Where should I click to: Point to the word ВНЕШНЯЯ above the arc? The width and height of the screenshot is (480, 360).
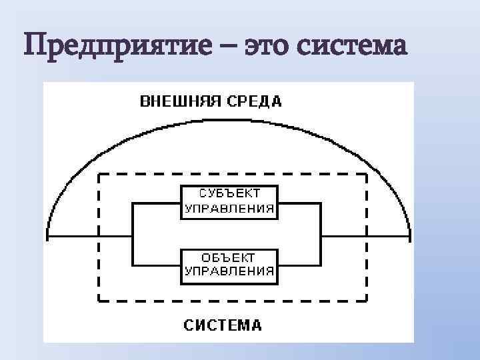[179, 102]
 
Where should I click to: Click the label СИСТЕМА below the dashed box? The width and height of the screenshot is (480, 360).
[223, 326]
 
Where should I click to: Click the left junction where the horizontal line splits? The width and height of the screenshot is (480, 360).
[135, 236]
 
